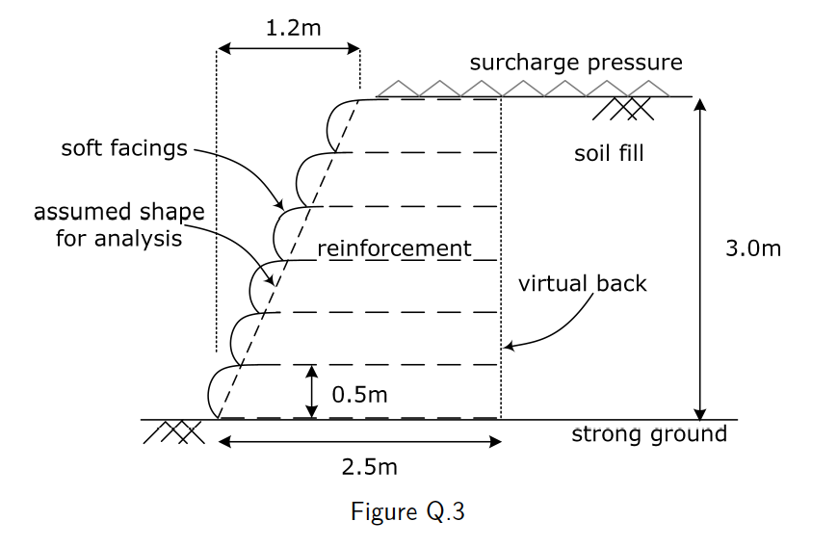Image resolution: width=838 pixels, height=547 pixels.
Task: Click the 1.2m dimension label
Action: (293, 27)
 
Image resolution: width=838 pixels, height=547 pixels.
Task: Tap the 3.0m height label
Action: (753, 249)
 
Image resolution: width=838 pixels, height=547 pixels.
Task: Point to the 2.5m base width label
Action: (369, 467)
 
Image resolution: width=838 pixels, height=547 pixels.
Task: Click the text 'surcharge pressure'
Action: (576, 64)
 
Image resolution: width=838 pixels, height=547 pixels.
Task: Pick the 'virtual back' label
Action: (583, 283)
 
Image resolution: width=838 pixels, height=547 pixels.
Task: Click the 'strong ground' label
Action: (649, 433)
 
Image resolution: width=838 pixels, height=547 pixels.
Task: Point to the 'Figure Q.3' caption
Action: (408, 510)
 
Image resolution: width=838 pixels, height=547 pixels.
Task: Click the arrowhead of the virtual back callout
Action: (511, 345)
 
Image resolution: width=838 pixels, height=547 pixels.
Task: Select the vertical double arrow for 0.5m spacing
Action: (311, 391)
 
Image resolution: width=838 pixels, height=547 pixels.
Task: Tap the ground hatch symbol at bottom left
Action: (174, 431)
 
